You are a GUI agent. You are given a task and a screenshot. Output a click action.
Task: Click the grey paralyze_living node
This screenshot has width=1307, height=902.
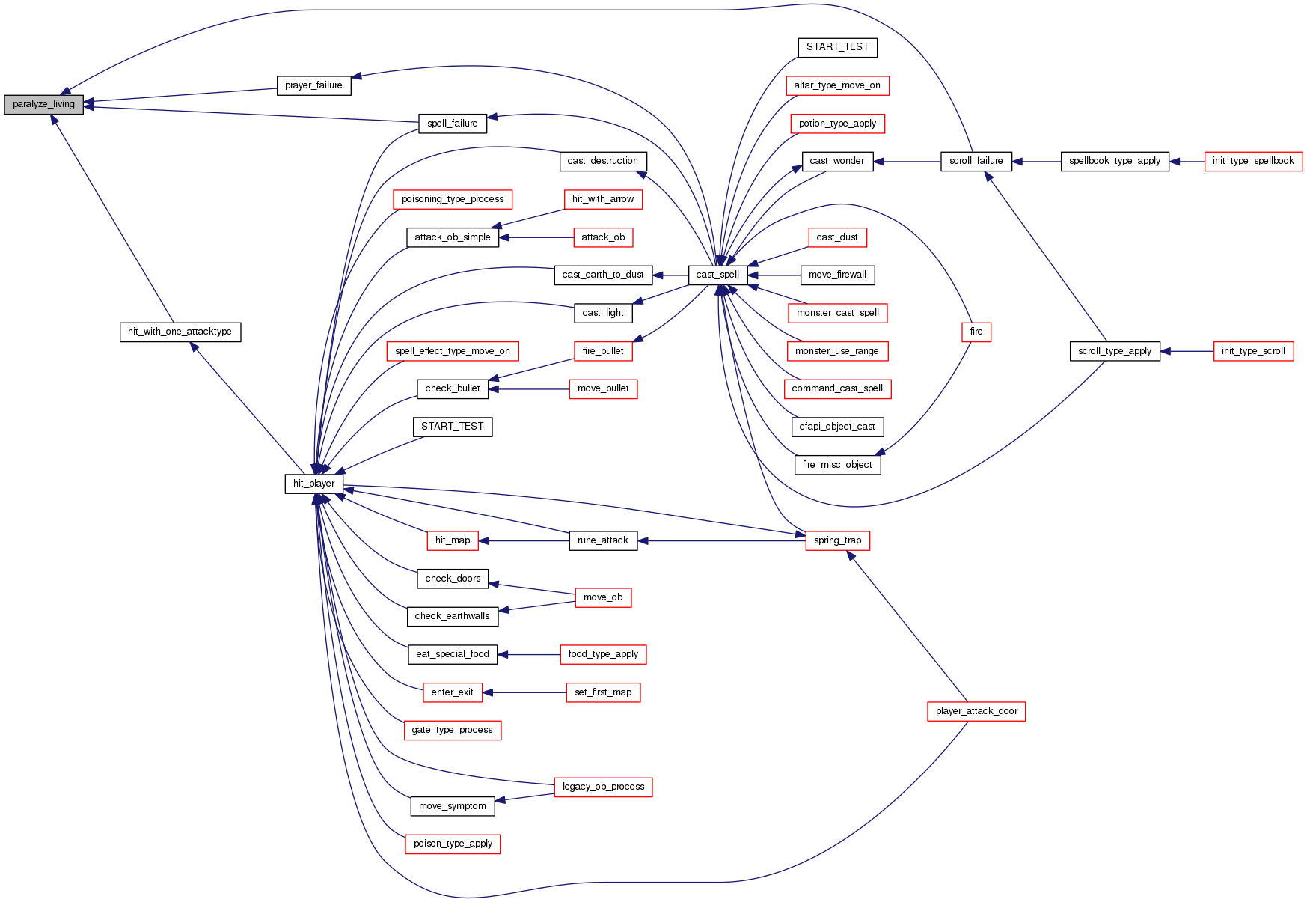click(x=43, y=104)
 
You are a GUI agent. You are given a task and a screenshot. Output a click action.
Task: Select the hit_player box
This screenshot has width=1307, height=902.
click(x=313, y=484)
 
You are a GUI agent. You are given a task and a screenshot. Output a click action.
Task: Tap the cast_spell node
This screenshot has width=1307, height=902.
click(x=717, y=275)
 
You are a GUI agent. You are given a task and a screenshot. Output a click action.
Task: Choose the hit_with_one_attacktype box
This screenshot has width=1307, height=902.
click(x=180, y=332)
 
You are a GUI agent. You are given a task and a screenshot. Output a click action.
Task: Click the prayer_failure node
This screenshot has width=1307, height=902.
click(x=313, y=85)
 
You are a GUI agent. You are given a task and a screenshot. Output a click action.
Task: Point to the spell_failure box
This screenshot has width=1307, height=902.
click(x=452, y=124)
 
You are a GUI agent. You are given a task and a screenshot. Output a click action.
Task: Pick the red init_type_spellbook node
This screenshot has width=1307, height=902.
click(x=1252, y=161)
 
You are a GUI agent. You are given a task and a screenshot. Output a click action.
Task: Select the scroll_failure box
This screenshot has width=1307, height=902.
click(x=976, y=161)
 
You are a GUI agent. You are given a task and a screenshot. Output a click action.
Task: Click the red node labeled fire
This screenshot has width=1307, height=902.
click(x=976, y=332)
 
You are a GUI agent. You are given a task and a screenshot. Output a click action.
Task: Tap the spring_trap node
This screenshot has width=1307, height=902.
click(x=837, y=540)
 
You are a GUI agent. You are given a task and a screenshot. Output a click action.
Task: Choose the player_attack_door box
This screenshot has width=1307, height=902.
click(x=976, y=711)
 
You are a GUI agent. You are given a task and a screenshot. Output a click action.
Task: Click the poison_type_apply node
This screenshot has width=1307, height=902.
click(x=452, y=844)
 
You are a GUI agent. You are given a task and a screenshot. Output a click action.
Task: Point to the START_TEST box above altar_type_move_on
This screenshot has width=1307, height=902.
click(x=837, y=47)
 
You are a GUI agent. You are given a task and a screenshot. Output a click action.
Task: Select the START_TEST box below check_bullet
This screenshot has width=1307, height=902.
click(x=452, y=427)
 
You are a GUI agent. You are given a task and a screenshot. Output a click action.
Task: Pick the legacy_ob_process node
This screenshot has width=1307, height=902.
click(x=603, y=787)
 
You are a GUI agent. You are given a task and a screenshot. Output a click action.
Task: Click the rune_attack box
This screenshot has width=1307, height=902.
click(x=603, y=540)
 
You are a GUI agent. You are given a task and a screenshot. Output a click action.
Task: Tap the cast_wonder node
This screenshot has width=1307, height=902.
click(x=837, y=161)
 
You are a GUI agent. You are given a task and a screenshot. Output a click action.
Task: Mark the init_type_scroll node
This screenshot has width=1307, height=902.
click(x=1252, y=351)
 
